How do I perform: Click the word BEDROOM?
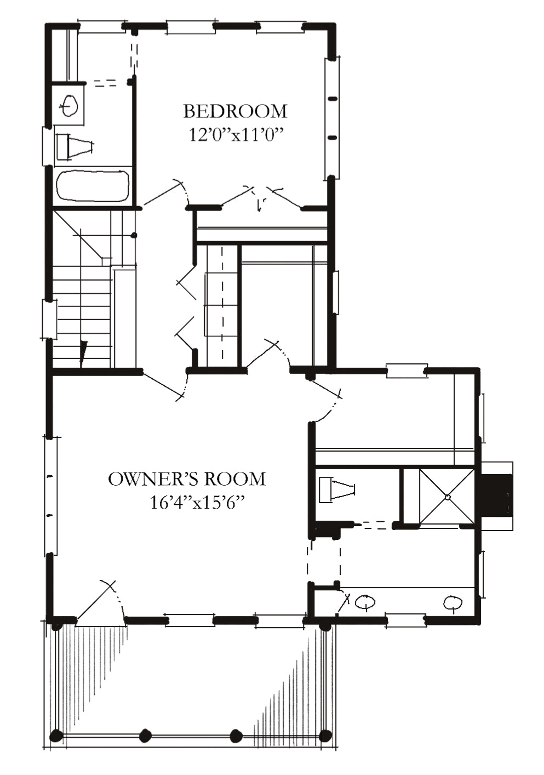click(x=235, y=111)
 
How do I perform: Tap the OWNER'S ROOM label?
click(x=187, y=479)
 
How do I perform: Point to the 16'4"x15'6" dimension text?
click(x=195, y=502)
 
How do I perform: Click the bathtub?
click(x=94, y=186)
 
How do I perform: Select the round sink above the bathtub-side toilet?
click(x=70, y=105)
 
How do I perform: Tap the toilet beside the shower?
click(x=337, y=490)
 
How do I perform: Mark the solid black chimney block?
click(x=495, y=495)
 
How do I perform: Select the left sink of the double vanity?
click(x=365, y=602)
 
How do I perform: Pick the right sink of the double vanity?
click(x=453, y=603)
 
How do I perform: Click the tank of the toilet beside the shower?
click(x=325, y=490)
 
